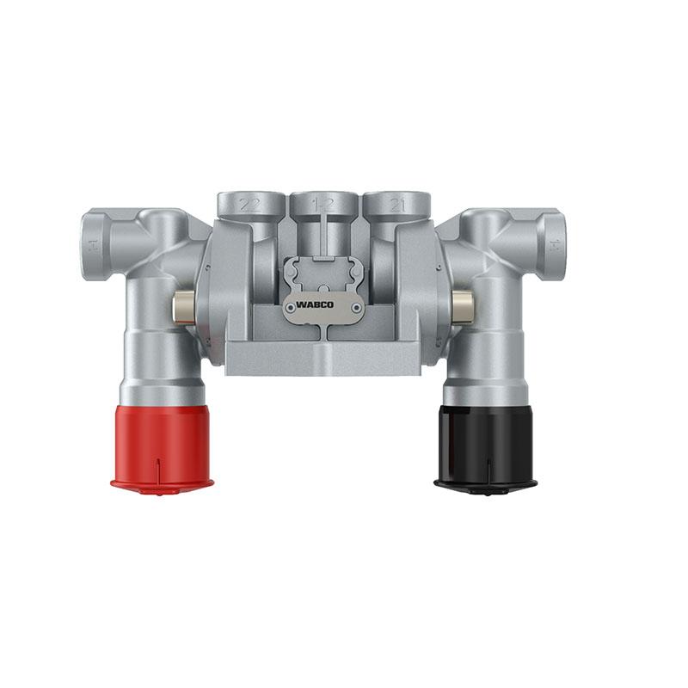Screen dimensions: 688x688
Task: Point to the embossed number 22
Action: tap(250, 205)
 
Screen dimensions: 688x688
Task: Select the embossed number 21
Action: tap(396, 205)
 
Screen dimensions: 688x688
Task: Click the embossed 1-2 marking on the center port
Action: tap(323, 205)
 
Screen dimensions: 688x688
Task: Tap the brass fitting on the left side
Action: tap(182, 306)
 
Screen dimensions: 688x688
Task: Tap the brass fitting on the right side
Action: tap(462, 306)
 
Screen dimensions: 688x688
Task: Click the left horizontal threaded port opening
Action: tap(92, 245)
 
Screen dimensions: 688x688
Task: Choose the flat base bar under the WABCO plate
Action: tap(322, 357)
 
